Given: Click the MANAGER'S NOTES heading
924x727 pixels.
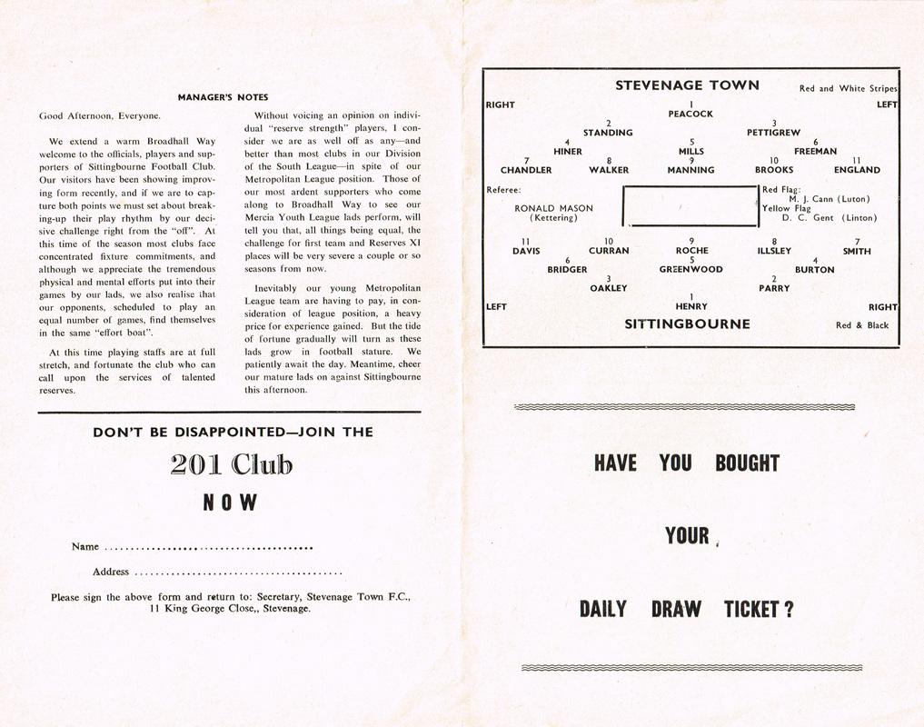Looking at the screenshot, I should point(223,97).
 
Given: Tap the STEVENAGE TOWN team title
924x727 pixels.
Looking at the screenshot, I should point(687,85).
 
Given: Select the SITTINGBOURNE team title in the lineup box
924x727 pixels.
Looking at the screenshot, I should point(687,324).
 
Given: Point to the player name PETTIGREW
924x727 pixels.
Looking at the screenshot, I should point(773,133).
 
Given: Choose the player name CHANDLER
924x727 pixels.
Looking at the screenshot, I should point(526,170).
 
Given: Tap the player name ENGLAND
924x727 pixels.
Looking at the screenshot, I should point(857,170).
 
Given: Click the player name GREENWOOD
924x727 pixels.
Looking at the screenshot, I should point(691,270).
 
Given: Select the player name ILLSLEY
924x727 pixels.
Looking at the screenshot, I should point(774,251).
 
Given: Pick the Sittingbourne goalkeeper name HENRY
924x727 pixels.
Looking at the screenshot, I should point(691,306).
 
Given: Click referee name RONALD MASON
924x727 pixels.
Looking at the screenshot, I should point(553,208).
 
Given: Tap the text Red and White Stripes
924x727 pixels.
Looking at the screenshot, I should point(848,89).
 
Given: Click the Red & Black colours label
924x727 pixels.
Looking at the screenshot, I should point(862,324).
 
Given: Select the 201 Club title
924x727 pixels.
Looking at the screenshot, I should point(232,465).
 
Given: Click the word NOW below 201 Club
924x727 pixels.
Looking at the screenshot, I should point(232,503).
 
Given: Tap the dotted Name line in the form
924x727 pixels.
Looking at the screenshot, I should point(209,548).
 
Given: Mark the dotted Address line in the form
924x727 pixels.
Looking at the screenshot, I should point(238,573).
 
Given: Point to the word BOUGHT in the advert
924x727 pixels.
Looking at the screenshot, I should point(747,463).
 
